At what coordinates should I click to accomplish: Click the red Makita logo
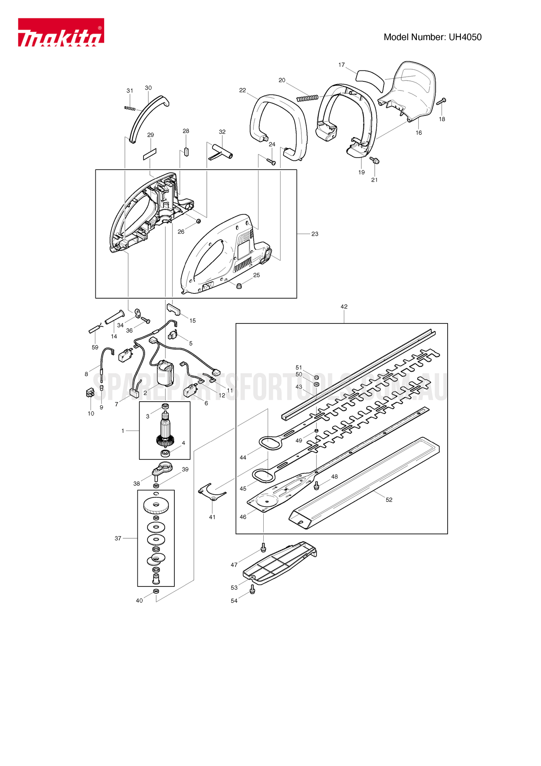[x=61, y=32]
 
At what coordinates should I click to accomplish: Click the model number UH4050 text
[x=432, y=37]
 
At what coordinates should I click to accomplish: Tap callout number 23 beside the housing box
[x=315, y=234]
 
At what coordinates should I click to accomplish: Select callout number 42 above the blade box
[x=344, y=307]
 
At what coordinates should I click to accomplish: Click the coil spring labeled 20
[x=307, y=98]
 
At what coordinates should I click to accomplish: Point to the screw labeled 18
[x=442, y=101]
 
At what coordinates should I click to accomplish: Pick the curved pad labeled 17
[x=370, y=79]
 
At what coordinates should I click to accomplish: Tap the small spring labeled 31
[x=130, y=108]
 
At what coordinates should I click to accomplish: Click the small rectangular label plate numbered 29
[x=150, y=154]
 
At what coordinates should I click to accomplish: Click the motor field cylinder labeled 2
[x=165, y=373]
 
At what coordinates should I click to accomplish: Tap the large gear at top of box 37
[x=156, y=506]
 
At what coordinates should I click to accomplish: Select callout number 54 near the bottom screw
[x=234, y=600]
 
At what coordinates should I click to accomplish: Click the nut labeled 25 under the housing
[x=239, y=286]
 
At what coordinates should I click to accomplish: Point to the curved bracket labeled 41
[x=212, y=492]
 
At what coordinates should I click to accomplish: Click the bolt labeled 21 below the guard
[x=375, y=161]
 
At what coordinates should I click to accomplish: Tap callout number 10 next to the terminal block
[x=91, y=413]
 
